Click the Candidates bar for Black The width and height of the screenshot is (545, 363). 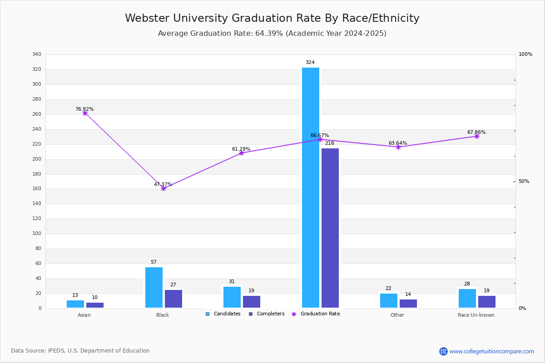click(x=154, y=288)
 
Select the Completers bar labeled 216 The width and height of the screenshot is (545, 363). click(x=330, y=228)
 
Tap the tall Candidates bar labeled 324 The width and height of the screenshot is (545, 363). click(x=311, y=187)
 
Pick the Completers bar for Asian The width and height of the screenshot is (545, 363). click(x=95, y=305)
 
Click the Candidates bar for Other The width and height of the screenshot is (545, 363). click(x=389, y=300)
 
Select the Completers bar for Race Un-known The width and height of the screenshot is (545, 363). click(x=487, y=302)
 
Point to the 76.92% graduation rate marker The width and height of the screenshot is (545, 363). click(x=85, y=113)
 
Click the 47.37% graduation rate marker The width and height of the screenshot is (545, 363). click(x=163, y=188)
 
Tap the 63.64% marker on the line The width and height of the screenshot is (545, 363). click(x=398, y=147)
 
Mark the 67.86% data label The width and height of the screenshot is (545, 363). click(x=476, y=132)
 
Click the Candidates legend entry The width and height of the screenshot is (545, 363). click(x=223, y=314)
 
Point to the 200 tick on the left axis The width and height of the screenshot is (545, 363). click(x=37, y=159)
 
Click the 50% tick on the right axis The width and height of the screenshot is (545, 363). click(x=524, y=181)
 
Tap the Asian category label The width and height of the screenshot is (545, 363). click(x=84, y=315)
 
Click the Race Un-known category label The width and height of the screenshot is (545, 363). click(x=476, y=315)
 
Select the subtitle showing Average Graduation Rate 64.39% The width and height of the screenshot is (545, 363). click(x=272, y=34)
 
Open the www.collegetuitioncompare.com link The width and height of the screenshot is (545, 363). click(x=491, y=351)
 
